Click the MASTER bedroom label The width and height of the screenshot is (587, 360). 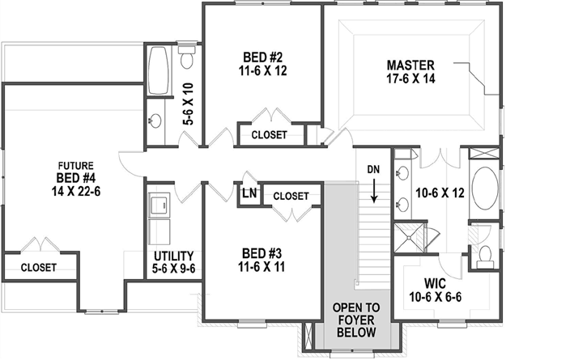coord(410,65)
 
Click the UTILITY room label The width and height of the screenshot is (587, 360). coord(172,259)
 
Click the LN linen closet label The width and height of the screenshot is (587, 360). coord(249,195)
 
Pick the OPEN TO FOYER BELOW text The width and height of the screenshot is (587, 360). coord(356,320)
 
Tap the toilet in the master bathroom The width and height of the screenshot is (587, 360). coord(486,254)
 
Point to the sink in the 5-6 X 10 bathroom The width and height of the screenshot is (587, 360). coord(155,121)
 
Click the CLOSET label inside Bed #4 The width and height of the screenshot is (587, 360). coord(38,267)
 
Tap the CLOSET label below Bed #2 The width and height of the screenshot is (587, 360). coord(269,135)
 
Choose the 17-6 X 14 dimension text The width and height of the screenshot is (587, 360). coord(410,79)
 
